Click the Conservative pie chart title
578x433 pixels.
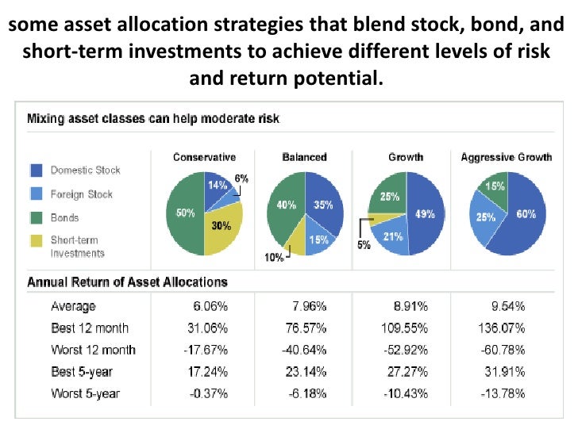(204, 157)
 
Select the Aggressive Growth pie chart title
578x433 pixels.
(506, 157)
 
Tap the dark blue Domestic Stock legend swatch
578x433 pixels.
(36, 171)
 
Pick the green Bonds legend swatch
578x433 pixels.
(36, 217)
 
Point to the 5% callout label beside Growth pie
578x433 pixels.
(364, 245)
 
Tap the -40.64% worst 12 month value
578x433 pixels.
(304, 350)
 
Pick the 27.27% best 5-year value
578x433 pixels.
(407, 371)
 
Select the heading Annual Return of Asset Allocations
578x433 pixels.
(128, 282)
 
